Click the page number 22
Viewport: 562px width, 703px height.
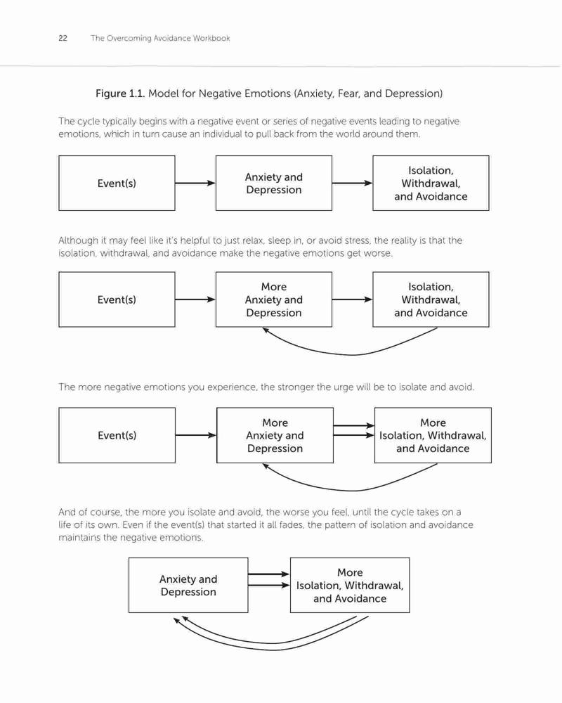pos(63,38)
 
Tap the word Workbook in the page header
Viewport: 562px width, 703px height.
pos(211,38)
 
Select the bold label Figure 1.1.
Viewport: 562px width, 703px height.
pos(120,93)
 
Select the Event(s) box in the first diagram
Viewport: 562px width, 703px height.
pos(117,183)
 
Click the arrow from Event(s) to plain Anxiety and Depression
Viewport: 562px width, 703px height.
pos(195,183)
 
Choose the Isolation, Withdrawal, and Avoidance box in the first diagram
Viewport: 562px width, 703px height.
pos(431,183)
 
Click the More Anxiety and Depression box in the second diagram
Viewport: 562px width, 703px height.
pos(274,299)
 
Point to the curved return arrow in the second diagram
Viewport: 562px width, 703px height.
pos(353,354)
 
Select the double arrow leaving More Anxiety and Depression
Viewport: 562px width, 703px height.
pos(354,430)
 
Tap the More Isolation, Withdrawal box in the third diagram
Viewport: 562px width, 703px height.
pos(433,435)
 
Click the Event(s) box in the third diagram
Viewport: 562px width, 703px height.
pos(117,435)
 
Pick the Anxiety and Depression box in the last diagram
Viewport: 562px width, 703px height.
pos(188,585)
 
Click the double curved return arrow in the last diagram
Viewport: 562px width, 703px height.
pos(272,647)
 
